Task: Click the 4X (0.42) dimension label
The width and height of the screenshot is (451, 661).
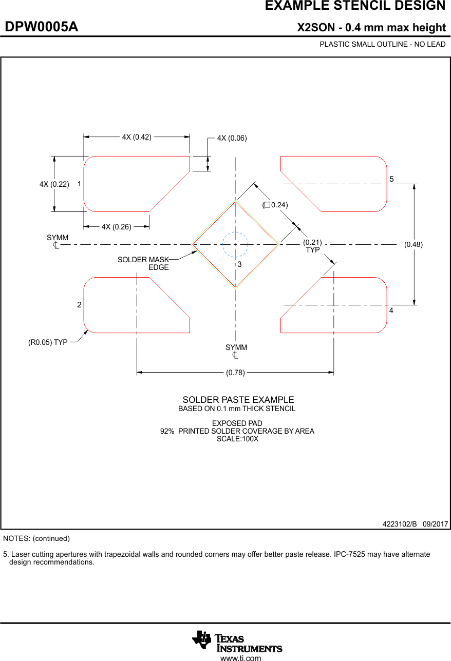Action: click(x=137, y=137)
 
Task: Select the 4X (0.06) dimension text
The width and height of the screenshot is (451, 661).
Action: click(x=232, y=138)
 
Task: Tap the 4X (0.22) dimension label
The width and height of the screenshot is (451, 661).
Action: click(x=54, y=184)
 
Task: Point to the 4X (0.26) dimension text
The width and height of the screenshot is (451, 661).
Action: click(x=116, y=227)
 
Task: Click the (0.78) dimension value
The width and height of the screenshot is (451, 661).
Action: click(x=235, y=373)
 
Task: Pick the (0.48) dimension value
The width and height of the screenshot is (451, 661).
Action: click(x=414, y=245)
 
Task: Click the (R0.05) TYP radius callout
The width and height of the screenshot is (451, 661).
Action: click(x=48, y=342)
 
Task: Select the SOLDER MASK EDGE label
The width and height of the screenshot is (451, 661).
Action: click(x=143, y=263)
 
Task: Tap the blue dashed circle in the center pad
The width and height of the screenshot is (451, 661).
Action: click(x=235, y=245)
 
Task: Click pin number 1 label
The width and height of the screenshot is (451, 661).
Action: click(x=80, y=183)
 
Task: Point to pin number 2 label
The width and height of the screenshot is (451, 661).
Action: click(x=79, y=305)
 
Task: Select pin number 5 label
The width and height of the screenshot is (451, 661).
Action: click(x=391, y=179)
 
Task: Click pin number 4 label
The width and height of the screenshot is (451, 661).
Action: click(x=391, y=311)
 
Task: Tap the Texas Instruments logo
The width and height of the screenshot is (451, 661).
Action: click(x=237, y=641)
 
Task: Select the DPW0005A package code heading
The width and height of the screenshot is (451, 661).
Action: click(x=42, y=27)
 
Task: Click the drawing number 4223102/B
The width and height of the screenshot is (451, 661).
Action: click(x=400, y=524)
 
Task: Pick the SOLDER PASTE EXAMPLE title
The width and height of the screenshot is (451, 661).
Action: click(x=238, y=400)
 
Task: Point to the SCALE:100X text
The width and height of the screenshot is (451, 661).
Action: click(x=237, y=439)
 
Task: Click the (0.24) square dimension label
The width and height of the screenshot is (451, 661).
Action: click(x=275, y=205)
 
